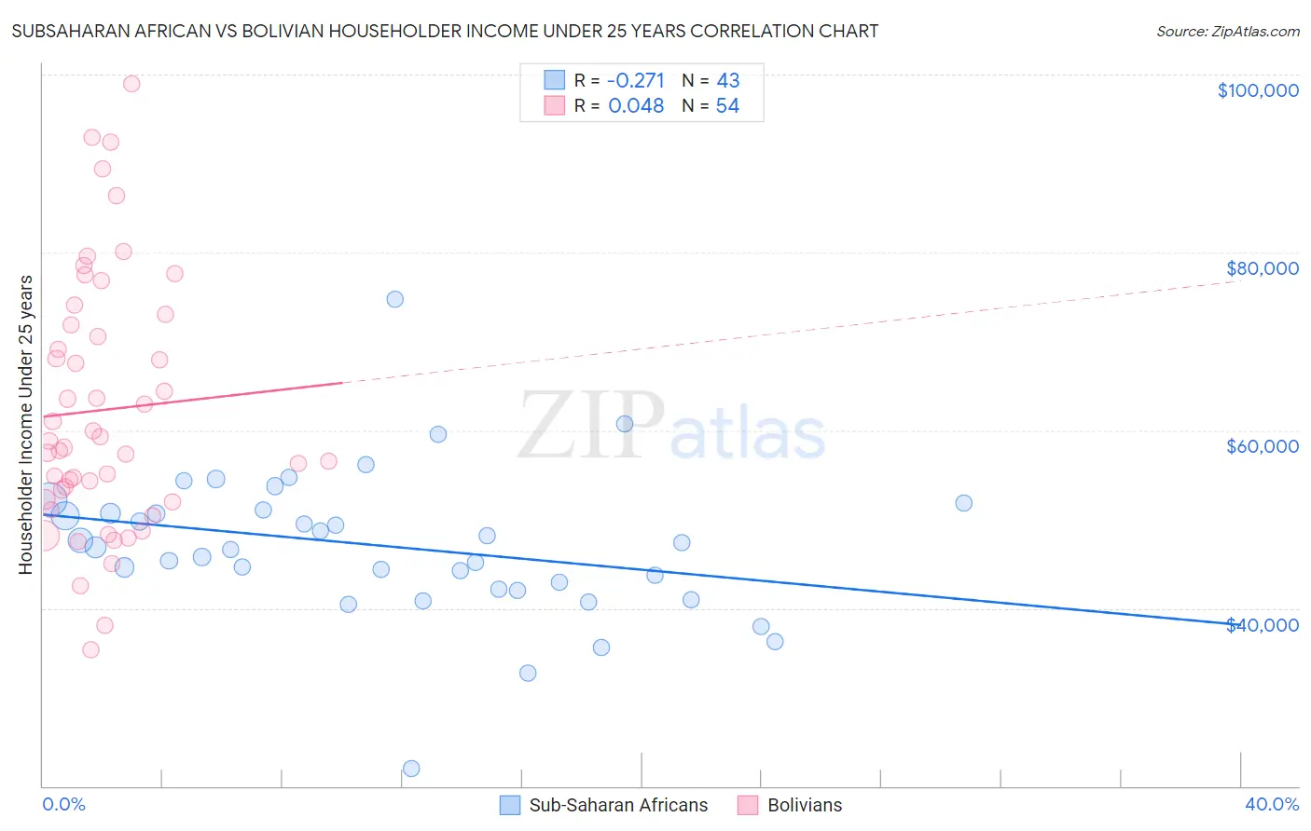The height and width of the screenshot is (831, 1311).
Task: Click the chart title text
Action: (x=445, y=31)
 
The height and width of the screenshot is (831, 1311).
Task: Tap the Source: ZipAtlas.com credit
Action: (x=1227, y=31)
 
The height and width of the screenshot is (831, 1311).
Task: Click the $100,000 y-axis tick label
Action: (x=1258, y=90)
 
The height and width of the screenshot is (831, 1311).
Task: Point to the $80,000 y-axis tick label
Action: (x=1262, y=268)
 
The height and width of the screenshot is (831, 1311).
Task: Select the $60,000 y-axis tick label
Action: (x=1262, y=446)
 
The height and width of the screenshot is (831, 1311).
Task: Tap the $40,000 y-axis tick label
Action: (x=1262, y=625)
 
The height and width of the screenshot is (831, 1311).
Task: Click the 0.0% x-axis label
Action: (x=63, y=804)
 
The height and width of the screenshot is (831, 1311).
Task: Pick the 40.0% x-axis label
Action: (x=1271, y=804)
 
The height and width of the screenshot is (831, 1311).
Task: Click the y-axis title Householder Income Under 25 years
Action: (x=25, y=424)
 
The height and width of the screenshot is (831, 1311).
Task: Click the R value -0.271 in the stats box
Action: (x=636, y=81)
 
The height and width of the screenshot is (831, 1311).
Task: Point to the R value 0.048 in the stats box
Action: (x=636, y=106)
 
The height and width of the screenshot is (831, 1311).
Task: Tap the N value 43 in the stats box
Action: (x=727, y=81)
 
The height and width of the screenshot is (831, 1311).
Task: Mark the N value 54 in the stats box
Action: (x=727, y=106)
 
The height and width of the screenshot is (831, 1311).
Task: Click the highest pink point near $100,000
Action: (x=131, y=84)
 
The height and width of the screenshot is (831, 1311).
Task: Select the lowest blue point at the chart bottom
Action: (x=411, y=769)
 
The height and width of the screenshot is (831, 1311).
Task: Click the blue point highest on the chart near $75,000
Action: (x=395, y=299)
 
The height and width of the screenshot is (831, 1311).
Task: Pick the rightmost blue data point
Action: (x=964, y=503)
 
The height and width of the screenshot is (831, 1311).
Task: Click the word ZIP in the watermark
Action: (x=590, y=427)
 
